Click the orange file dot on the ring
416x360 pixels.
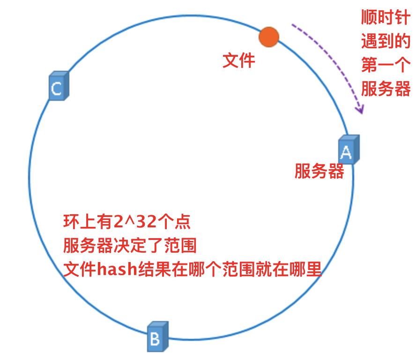(x=269, y=37)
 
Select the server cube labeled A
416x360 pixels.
(x=349, y=150)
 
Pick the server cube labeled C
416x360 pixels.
(x=59, y=86)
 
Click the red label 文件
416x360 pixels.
(x=238, y=60)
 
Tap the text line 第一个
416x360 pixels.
(x=385, y=65)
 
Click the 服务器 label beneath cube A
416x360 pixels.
(x=319, y=172)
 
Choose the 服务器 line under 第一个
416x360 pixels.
(x=385, y=89)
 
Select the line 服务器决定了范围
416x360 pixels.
(x=129, y=246)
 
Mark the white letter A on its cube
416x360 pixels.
(x=346, y=152)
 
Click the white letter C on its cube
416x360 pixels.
(x=56, y=89)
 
